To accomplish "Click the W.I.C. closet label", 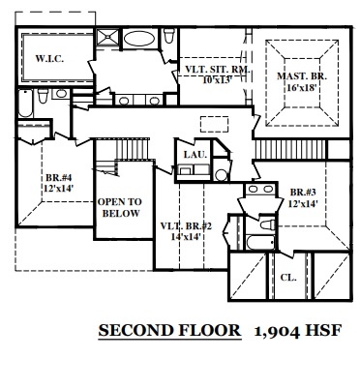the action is tap(49, 59).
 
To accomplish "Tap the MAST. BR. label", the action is tap(302, 76).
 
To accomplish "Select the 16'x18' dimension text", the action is tap(301, 87).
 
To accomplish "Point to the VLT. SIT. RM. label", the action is tap(217, 70).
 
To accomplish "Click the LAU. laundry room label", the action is tap(195, 155).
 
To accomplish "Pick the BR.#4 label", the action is tap(58, 178).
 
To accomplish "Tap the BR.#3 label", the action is tap(303, 193).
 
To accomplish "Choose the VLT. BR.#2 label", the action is tap(186, 226).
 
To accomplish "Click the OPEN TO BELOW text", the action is tap(120, 207).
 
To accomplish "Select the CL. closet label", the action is tap(288, 278).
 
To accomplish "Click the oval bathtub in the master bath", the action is tap(139, 39).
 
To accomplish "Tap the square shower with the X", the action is tap(108, 38).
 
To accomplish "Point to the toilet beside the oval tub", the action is tap(169, 36).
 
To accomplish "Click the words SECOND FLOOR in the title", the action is tap(169, 330).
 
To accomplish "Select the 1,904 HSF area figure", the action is tap(298, 331).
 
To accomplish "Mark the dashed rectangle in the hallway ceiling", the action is tap(214, 124).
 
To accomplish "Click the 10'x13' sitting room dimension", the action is tap(218, 80).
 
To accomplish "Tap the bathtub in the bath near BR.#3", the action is tap(260, 242).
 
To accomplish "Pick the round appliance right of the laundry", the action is tap(222, 175).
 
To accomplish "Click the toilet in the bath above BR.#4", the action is tap(43, 96).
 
